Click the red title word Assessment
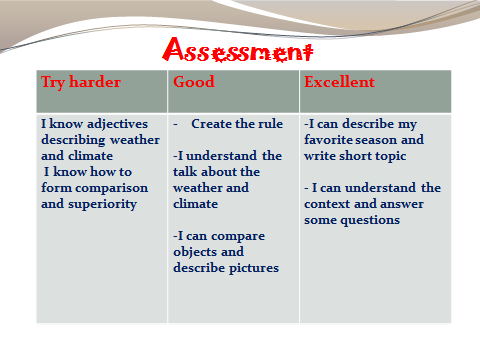click(238, 50)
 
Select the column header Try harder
click(81, 82)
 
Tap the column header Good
click(194, 82)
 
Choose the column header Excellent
click(339, 82)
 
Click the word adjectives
click(117, 124)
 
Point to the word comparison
click(112, 188)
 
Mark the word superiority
click(102, 204)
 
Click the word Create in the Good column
click(211, 124)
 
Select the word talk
click(185, 172)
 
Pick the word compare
click(238, 236)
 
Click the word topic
click(391, 156)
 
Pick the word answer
click(402, 204)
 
